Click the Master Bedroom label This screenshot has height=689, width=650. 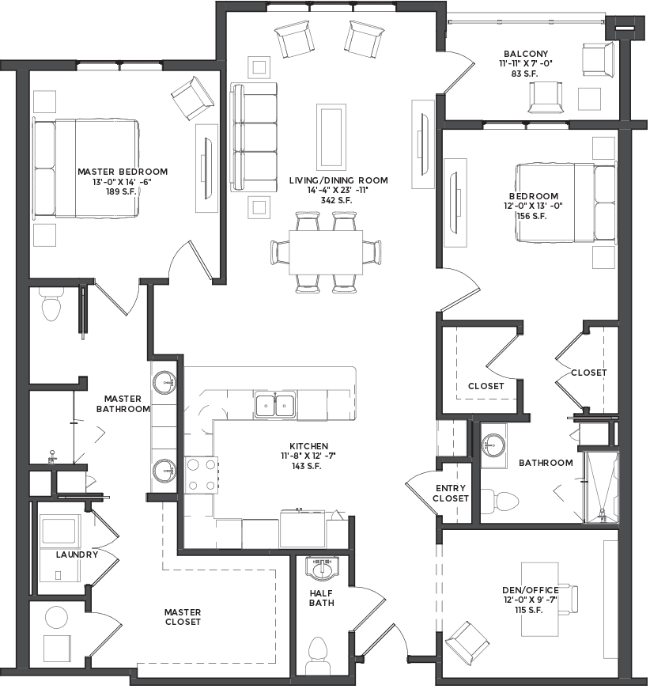(x=123, y=172)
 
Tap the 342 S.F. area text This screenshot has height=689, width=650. (x=337, y=200)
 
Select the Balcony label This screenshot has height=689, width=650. (x=526, y=54)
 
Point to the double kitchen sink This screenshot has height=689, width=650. (x=275, y=405)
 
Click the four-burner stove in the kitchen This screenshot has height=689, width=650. (x=201, y=474)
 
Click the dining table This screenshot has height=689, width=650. (x=326, y=252)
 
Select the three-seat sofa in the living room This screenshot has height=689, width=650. (x=255, y=137)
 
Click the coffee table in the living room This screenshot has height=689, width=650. (x=331, y=136)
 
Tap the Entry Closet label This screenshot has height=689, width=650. (x=451, y=494)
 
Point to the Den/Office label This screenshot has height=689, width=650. (x=531, y=590)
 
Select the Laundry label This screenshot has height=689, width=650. (x=77, y=555)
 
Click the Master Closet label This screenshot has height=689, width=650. (x=183, y=617)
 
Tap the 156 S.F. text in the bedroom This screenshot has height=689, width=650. (x=532, y=216)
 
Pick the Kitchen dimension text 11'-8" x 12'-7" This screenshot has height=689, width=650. (x=308, y=456)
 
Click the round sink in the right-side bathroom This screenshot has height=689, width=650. (x=493, y=445)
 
